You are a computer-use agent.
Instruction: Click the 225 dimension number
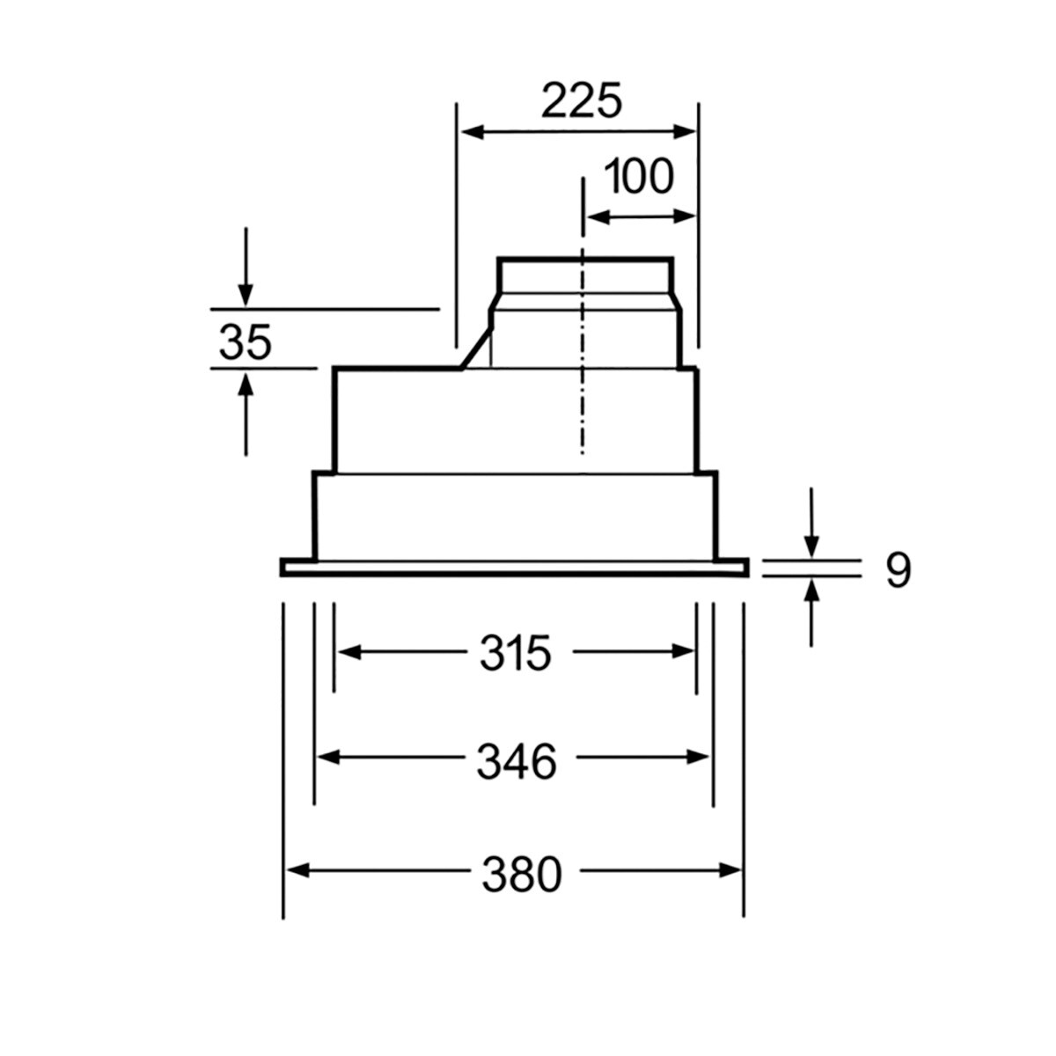581,101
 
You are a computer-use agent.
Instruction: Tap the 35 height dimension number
246,341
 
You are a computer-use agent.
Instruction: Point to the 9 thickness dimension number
897,571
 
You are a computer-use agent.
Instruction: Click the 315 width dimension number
516,653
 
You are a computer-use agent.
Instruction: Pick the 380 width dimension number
520,875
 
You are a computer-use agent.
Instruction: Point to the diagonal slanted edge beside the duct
476,348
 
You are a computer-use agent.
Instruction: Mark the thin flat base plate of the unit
515,568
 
